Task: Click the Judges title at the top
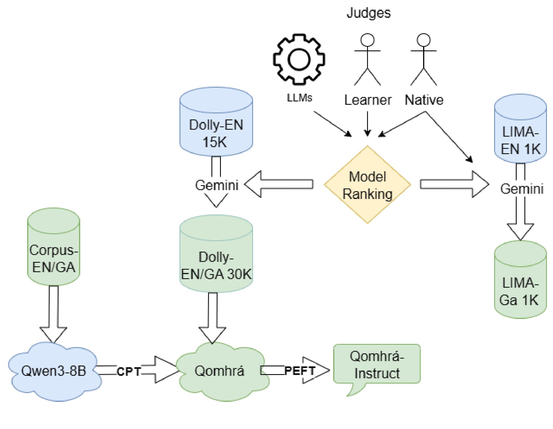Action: [x=368, y=13]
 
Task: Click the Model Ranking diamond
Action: [x=367, y=185]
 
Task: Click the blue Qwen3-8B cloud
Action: [x=54, y=371]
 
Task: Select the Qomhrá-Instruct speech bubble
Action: [x=377, y=365]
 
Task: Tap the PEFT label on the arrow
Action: [x=300, y=371]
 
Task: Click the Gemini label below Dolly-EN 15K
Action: [x=217, y=185]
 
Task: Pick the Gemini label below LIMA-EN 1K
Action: [x=522, y=189]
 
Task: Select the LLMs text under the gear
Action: [x=299, y=98]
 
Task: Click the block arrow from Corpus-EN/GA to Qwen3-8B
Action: [x=54, y=313]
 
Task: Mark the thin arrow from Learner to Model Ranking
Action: [x=367, y=123]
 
